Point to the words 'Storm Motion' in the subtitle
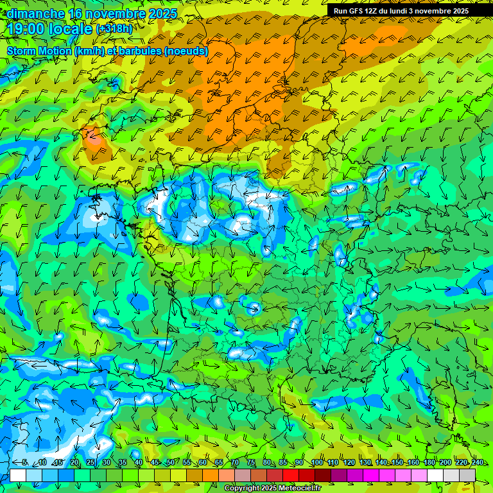click(38, 51)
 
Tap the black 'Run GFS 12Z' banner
click(401, 11)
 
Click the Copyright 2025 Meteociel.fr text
click(272, 489)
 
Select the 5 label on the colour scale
click(24, 463)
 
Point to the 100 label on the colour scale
click(316, 463)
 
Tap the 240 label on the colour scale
click(477, 463)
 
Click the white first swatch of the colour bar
click(18, 475)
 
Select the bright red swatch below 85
click(291, 475)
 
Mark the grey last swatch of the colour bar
click(467, 475)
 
